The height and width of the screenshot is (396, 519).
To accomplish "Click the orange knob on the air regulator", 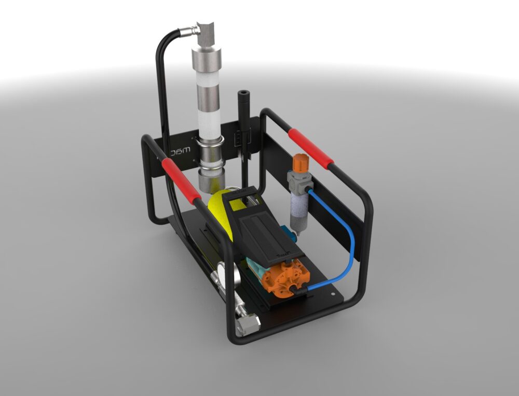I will coord(299,162).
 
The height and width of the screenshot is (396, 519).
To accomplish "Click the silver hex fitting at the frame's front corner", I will coord(248,325).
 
